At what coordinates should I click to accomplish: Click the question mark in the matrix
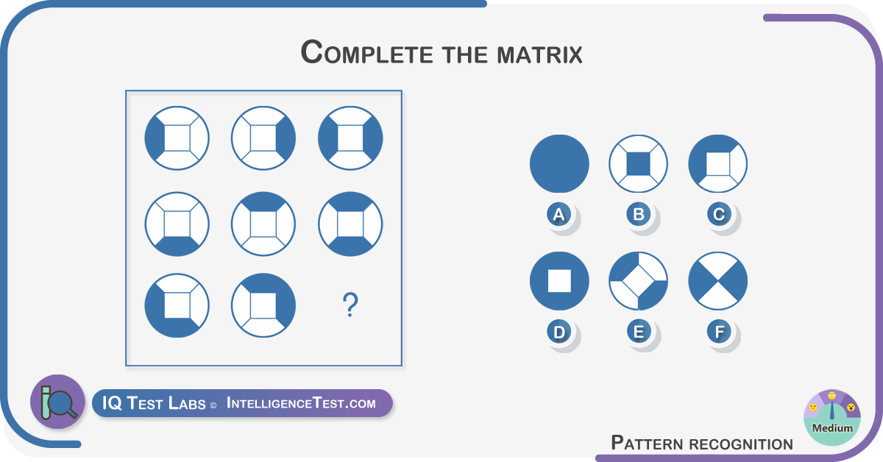(350, 305)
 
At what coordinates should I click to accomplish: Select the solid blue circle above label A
(559, 163)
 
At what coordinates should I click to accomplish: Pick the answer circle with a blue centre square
(638, 163)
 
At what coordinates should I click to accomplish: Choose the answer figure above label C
(718, 163)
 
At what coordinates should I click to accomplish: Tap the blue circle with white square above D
(559, 281)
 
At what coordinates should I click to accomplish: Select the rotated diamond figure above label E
(638, 281)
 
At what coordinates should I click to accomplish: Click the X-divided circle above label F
(718, 281)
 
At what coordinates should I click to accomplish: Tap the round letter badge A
(558, 215)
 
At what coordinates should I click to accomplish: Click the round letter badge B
(639, 214)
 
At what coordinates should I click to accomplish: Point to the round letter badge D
(559, 332)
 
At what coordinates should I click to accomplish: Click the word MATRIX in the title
(539, 54)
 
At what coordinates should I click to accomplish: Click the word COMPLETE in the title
(366, 52)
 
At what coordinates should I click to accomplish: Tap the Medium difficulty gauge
(831, 417)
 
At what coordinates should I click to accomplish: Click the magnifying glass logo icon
(58, 402)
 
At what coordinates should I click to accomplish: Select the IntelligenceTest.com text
(301, 403)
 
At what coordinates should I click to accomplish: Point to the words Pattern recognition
(702, 443)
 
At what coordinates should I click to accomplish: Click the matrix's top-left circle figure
(177, 138)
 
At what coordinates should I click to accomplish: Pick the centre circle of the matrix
(263, 224)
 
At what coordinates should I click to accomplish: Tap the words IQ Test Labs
(154, 403)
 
